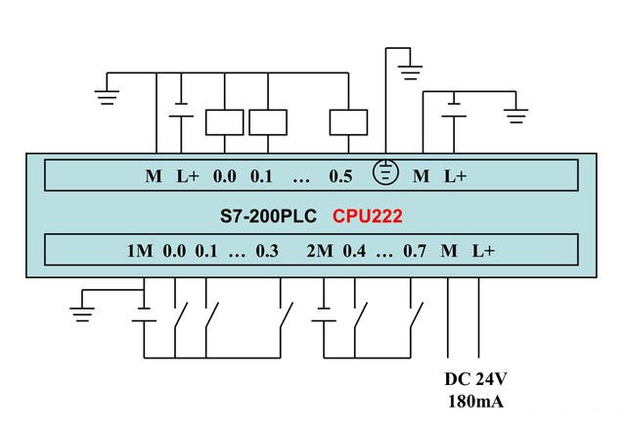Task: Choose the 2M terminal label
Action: click(319, 251)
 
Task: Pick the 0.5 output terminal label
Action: click(340, 176)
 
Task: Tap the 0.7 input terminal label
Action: click(415, 251)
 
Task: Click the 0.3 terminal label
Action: click(267, 251)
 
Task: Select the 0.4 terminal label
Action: click(353, 251)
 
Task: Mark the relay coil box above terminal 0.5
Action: click(348, 121)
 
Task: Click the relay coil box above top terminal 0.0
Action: click(224, 121)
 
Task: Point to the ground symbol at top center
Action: click(412, 71)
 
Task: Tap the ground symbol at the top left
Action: click(107, 95)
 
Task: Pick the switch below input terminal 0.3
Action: click(284, 315)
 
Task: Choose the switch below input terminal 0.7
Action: click(416, 315)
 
